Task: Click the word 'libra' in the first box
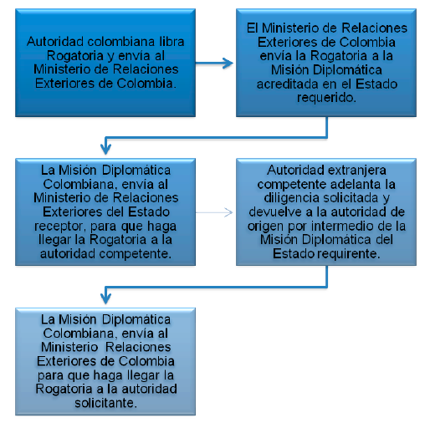(171, 42)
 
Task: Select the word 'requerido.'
(326, 98)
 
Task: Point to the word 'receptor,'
(60, 227)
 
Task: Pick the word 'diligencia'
(292, 198)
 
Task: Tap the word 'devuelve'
(275, 212)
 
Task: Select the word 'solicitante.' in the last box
(105, 403)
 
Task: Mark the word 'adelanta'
(356, 184)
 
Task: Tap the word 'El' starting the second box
(252, 28)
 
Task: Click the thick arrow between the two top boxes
(214, 63)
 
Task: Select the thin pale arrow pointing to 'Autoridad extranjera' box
(214, 212)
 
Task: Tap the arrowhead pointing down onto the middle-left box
(105, 149)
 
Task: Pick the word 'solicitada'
(351, 198)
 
